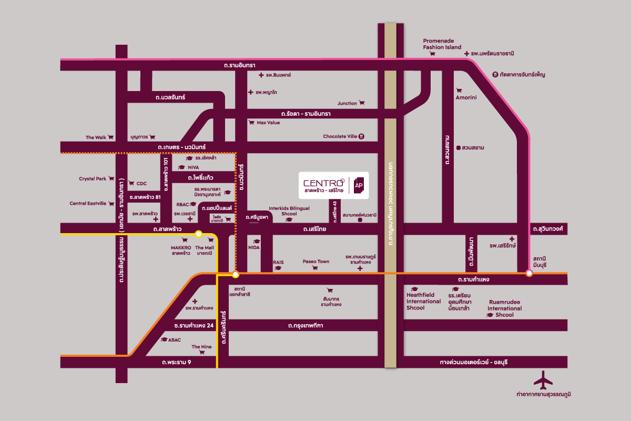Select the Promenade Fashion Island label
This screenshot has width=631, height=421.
(442, 44)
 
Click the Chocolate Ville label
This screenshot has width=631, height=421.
(340, 136)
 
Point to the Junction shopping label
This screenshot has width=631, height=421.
(347, 103)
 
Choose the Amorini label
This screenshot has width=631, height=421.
(466, 97)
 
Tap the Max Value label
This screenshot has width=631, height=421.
(268, 123)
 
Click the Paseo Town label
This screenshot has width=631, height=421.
(315, 262)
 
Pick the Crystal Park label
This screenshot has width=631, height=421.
(93, 179)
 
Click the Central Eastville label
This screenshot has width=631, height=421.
(88, 204)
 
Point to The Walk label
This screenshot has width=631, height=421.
(96, 137)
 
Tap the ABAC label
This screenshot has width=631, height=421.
(175, 340)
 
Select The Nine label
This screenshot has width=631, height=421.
(201, 347)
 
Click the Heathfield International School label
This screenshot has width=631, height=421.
(423, 301)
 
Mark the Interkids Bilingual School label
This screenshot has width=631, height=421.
(289, 211)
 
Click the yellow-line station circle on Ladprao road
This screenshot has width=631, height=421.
(199, 234)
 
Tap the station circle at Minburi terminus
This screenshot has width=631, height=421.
(529, 273)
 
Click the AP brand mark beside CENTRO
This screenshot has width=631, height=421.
(359, 185)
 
